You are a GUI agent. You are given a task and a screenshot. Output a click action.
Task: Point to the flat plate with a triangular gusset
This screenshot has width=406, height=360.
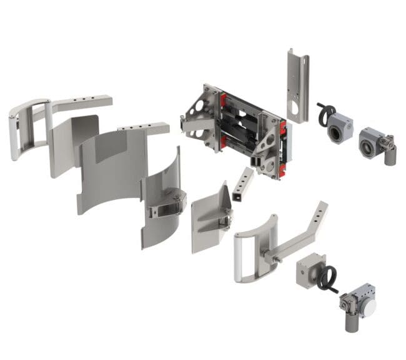click(209, 216)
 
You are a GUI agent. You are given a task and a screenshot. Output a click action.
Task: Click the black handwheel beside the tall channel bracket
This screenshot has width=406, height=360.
click(325, 114)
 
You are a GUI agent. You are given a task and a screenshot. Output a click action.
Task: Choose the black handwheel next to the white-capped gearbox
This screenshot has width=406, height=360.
click(328, 278)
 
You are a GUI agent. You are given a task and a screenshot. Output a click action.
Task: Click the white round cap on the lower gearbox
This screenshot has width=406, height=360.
click(369, 307)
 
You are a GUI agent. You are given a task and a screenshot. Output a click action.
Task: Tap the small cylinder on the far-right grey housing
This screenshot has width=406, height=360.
click(390, 155)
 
